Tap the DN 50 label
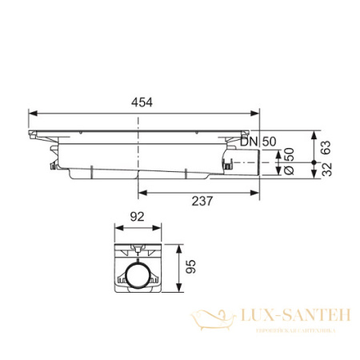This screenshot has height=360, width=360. tap(258, 141)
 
